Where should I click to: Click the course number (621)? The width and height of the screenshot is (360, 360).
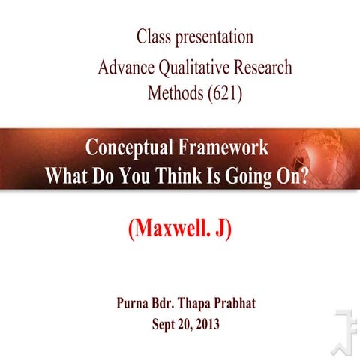[225, 95]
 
